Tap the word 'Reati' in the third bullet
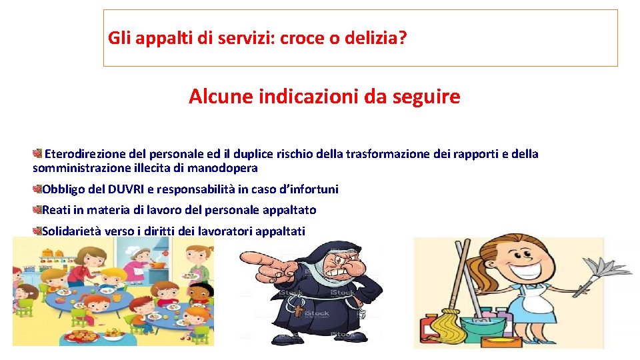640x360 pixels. (56, 210)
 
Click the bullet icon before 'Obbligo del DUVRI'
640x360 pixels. (37, 189)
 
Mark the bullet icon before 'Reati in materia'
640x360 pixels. (37, 210)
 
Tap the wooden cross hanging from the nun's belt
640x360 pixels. (299, 311)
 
